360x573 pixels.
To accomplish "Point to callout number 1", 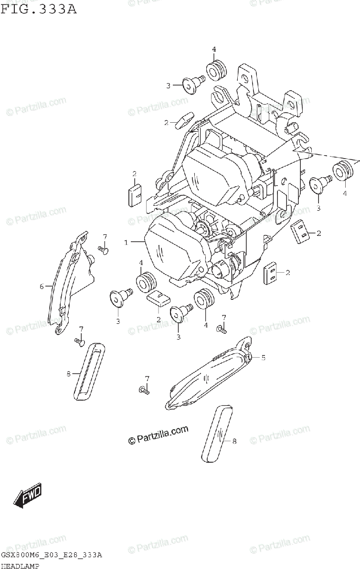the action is click(127, 243).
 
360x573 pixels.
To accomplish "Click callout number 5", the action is click(263, 357).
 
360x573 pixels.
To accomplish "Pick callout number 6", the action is click(42, 286).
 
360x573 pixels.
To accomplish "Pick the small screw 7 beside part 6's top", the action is click(103, 249).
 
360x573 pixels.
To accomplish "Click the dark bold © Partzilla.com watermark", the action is click(158, 435).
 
